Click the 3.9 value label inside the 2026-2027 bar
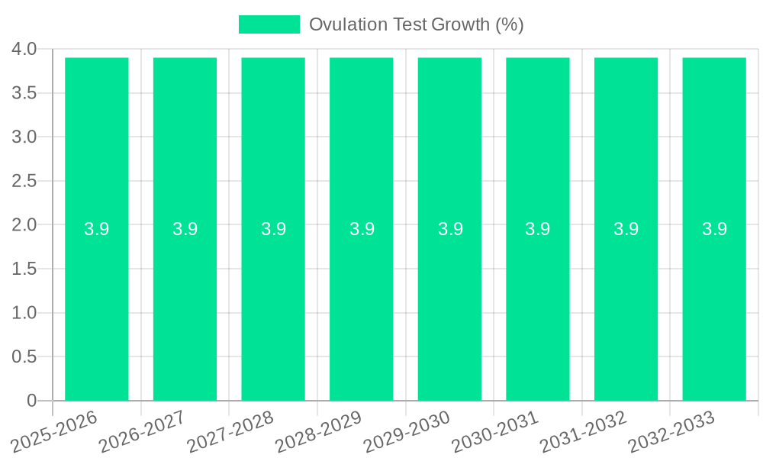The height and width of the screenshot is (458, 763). [185, 229]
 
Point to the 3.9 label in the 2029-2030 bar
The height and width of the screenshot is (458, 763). [450, 229]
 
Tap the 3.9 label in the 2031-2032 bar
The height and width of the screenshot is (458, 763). [626, 229]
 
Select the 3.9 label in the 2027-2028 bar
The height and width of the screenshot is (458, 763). [273, 229]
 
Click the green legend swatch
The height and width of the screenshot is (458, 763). [269, 24]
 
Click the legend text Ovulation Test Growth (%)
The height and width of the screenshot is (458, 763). [416, 24]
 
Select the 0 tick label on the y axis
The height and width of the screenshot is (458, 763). [32, 401]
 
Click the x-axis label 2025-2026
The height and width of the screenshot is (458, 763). [56, 429]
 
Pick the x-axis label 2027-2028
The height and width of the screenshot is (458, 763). [231, 431]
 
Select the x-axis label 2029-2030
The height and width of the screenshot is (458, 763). [407, 431]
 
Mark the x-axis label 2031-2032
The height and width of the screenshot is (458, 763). [584, 431]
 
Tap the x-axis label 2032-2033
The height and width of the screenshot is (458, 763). [672, 431]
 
